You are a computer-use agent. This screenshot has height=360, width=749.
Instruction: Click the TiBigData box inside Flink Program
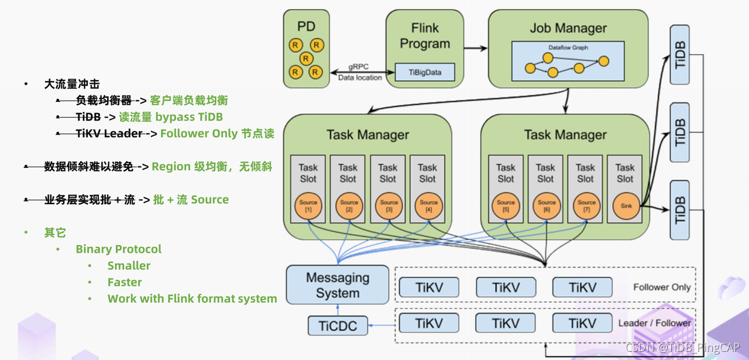(424, 72)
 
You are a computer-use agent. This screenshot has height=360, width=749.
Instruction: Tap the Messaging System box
(338, 284)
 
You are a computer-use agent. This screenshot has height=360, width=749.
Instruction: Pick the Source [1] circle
(308, 205)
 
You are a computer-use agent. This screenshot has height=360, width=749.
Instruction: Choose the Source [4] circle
(428, 205)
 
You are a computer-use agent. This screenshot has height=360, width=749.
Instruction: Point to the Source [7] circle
(586, 205)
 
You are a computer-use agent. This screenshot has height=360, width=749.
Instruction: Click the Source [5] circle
(506, 205)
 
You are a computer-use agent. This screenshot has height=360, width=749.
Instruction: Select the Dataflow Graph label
(568, 47)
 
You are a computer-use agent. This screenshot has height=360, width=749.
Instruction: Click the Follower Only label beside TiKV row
(661, 287)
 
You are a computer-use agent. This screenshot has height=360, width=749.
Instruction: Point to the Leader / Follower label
(654, 323)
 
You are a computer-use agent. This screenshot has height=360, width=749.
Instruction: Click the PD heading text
(306, 26)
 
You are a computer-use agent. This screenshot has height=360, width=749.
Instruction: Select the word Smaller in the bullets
(129, 266)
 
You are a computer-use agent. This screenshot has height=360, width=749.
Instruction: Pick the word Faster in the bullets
(125, 282)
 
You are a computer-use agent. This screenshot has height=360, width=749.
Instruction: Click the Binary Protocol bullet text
(118, 249)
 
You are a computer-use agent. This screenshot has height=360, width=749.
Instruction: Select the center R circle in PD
(305, 59)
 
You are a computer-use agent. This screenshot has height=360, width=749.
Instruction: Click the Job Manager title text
(568, 28)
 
